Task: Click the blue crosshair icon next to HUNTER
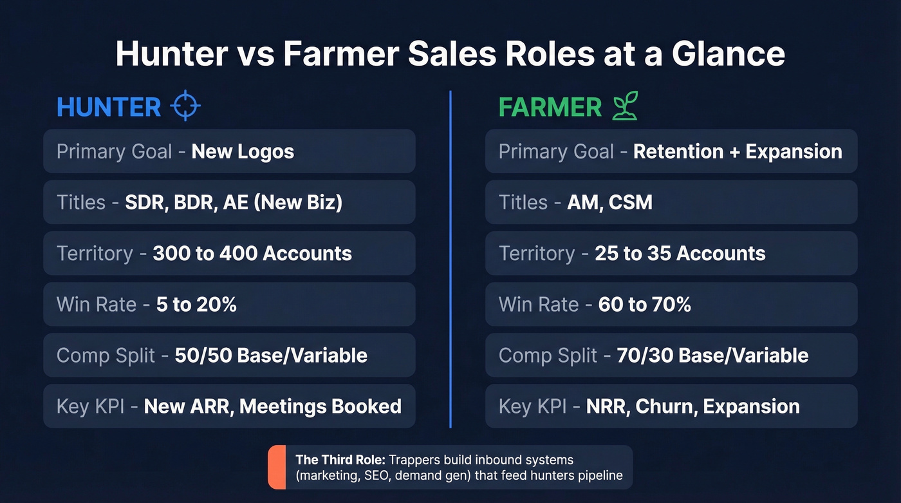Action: (x=185, y=106)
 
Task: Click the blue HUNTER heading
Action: (x=109, y=107)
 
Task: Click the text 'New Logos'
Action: (x=243, y=151)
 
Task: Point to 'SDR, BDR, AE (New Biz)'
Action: (x=234, y=202)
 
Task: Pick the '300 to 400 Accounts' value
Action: (x=252, y=253)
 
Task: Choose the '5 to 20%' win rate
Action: (x=196, y=304)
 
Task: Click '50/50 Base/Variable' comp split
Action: (x=271, y=355)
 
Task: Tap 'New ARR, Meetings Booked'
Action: (x=272, y=406)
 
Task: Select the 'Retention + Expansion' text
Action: (x=738, y=151)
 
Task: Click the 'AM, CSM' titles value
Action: (x=609, y=202)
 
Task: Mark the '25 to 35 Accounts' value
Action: (x=680, y=253)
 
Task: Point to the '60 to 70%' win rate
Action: (x=644, y=304)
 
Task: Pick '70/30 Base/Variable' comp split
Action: (x=712, y=355)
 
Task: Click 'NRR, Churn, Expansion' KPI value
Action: (x=692, y=406)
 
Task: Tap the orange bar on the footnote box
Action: (x=277, y=467)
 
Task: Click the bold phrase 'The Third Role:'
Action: (x=331, y=460)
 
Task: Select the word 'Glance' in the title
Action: (x=729, y=54)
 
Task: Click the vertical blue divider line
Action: (x=450, y=258)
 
